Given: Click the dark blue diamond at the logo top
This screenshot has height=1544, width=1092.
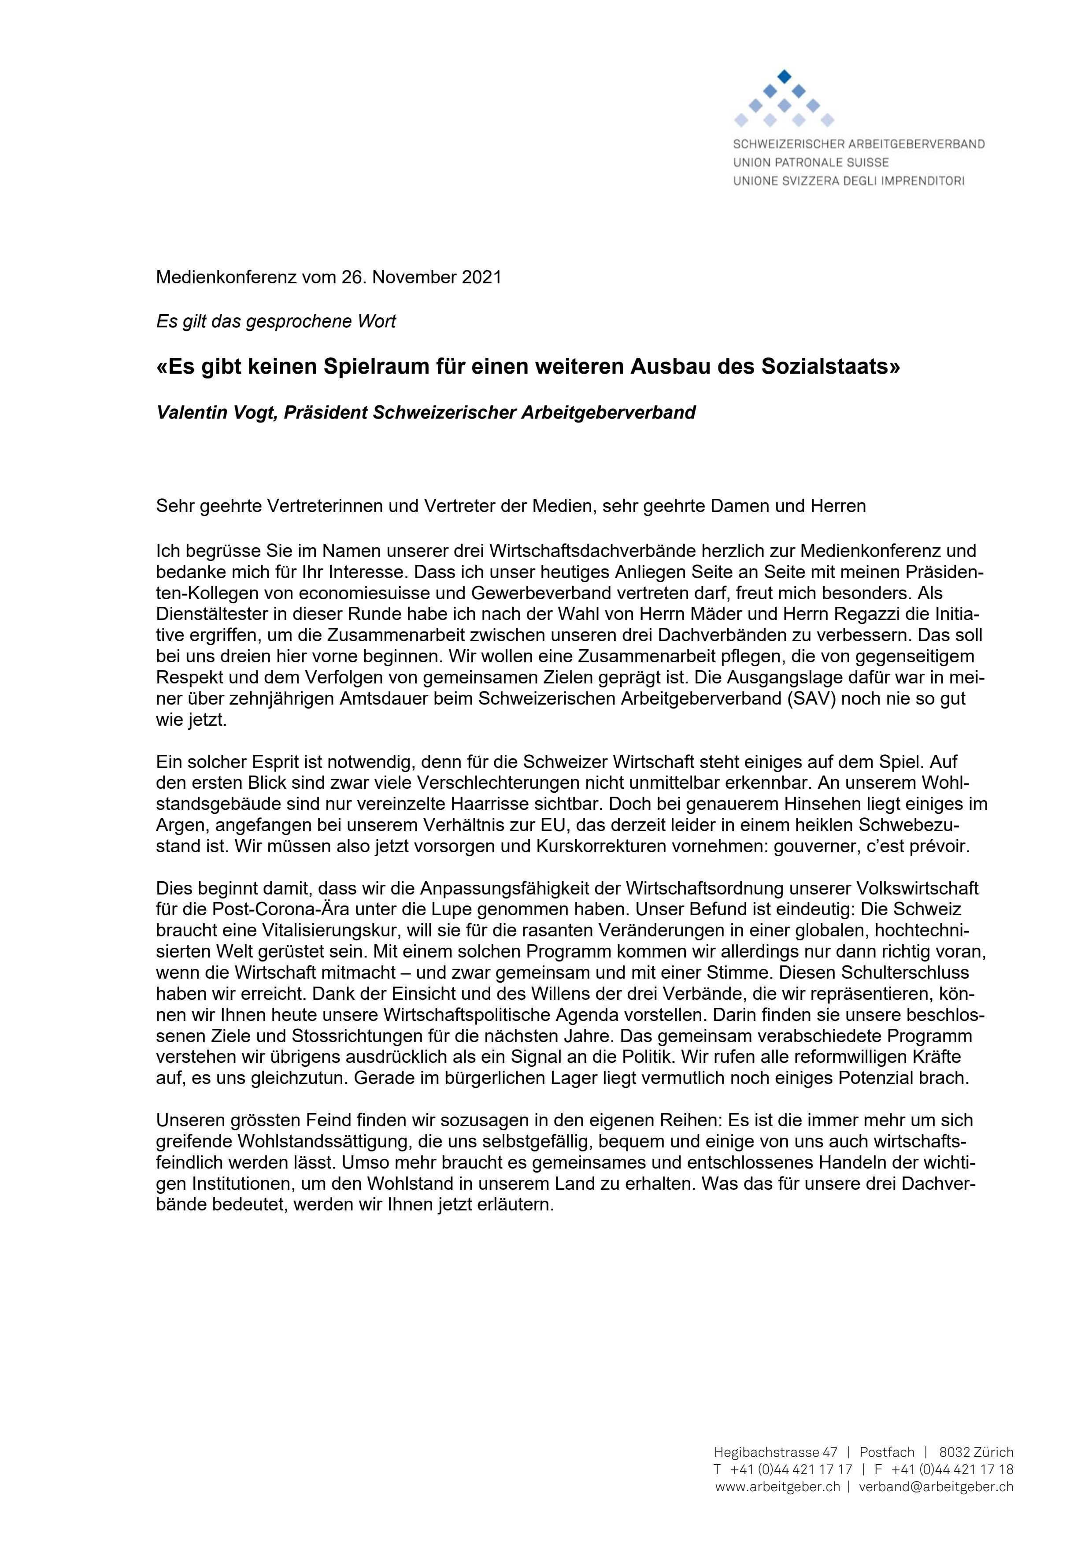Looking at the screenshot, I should [x=784, y=76].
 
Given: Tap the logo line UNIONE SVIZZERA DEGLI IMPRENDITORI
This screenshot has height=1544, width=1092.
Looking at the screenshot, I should [x=848, y=181].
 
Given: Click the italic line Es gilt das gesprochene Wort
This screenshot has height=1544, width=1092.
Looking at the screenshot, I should [x=276, y=321].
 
